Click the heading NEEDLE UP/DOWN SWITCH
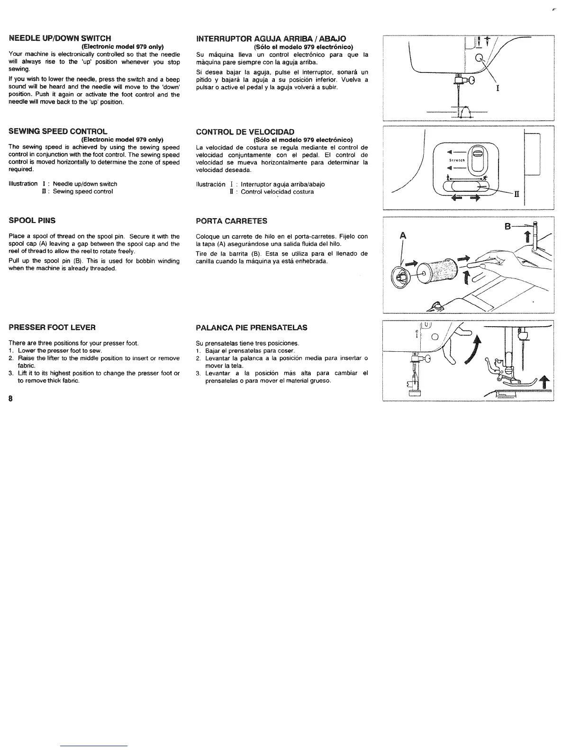click(60, 38)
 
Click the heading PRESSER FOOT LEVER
click(52, 327)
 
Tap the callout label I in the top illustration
click(497, 89)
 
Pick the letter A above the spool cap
click(403, 235)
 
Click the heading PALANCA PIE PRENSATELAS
click(251, 327)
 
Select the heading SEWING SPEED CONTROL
click(58, 131)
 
